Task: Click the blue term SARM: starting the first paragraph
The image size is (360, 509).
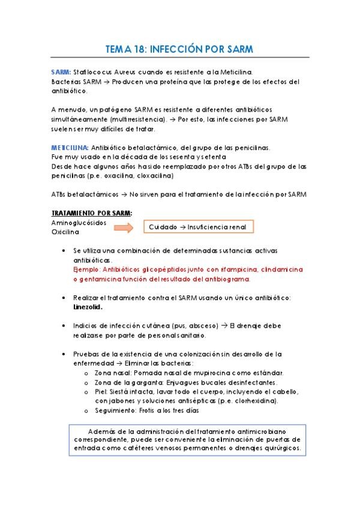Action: [61, 71]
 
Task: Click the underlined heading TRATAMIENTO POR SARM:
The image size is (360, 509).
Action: [92, 213]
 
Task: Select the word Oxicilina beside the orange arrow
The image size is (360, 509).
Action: [66, 232]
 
